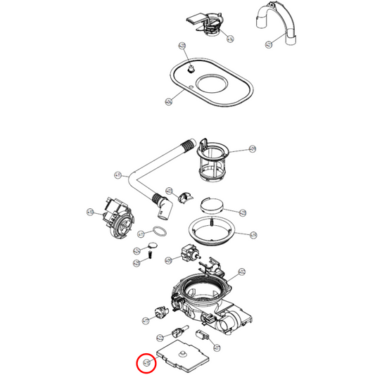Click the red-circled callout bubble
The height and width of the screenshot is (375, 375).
point(146,363)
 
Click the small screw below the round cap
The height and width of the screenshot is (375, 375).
point(149,258)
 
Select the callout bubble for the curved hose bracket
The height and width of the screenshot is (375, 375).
point(268,44)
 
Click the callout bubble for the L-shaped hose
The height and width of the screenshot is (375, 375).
point(118,174)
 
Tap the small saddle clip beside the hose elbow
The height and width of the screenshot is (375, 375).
point(186,199)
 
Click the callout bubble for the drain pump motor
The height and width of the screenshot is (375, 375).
point(90,211)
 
